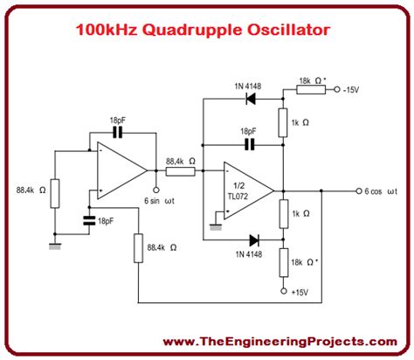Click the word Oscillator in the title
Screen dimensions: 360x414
point(288,31)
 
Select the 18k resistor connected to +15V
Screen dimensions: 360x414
point(283,261)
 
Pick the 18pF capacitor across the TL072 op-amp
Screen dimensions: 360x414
point(250,143)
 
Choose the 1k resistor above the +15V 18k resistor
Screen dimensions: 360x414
point(283,212)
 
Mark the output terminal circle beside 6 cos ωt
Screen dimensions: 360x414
point(357,190)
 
